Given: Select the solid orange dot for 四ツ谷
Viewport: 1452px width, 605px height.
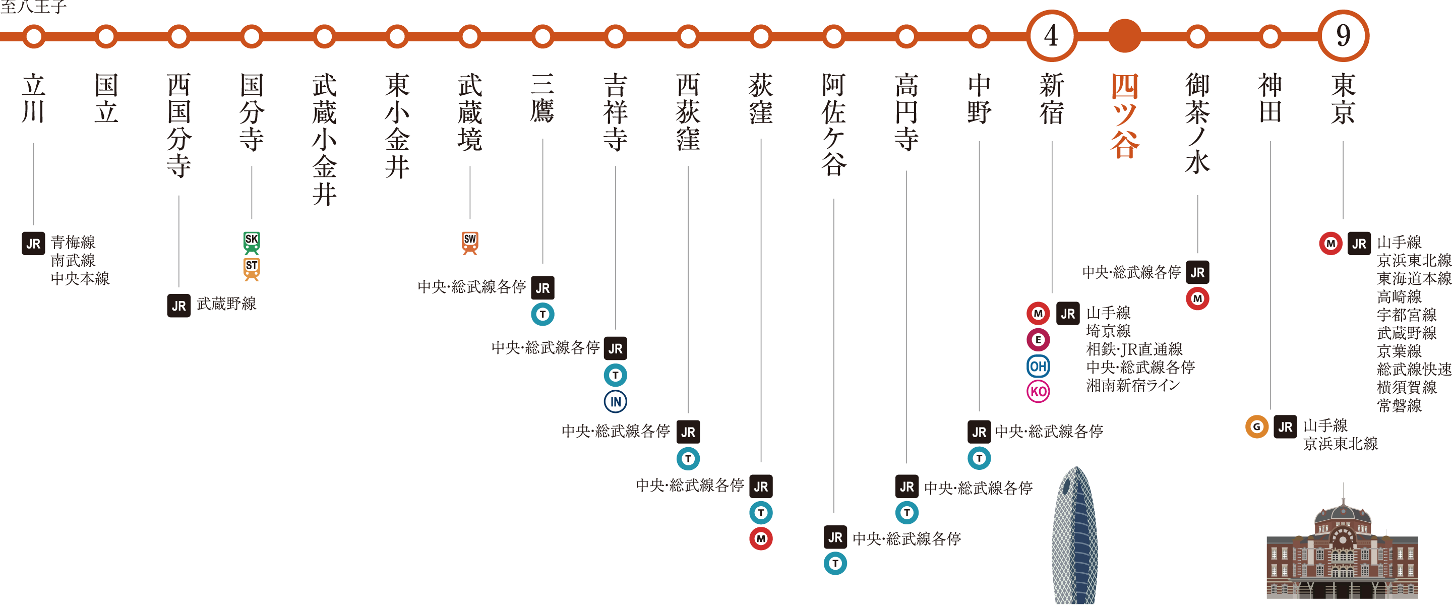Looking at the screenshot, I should pos(1124,36).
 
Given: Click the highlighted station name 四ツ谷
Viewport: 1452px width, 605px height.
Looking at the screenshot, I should pos(1124,115).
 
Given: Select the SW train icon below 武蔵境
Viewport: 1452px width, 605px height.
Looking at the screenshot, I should pos(470,242).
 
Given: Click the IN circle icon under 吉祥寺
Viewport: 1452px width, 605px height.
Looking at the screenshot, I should pos(616,401).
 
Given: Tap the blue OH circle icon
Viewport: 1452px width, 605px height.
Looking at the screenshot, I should pos(1038,367).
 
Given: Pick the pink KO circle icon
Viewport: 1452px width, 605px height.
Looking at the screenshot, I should pos(1038,391).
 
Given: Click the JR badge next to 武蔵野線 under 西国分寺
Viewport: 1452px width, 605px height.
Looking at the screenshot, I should pos(178,306).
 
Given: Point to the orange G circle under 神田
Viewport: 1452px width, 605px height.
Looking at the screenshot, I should pos(1256,427).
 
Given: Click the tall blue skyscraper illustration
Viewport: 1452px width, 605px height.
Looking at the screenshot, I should pos(1074,535).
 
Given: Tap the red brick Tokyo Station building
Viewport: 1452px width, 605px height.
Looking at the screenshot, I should pos(1342,556).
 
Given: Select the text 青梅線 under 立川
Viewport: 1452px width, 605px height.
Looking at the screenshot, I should pos(73,243).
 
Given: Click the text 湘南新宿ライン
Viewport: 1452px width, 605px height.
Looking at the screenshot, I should pos(1133,386).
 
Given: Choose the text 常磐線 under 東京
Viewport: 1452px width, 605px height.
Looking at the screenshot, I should pos(1399,405).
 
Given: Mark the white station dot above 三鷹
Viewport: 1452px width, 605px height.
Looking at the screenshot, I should pos(543,36).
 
